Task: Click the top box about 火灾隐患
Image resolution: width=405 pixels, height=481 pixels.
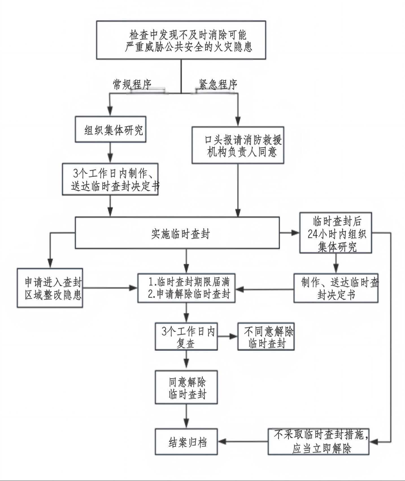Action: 181,40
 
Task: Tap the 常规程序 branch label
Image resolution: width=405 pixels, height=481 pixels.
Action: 132,84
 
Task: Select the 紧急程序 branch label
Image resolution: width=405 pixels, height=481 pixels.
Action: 218,84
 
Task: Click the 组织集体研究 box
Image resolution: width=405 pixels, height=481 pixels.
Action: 110,129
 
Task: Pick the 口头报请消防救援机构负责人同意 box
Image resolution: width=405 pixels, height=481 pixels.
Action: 238,145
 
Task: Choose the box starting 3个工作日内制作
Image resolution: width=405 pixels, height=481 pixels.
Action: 110,179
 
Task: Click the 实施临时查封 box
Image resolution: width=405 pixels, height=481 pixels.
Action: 177,233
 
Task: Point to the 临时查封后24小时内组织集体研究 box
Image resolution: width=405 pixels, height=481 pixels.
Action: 336,233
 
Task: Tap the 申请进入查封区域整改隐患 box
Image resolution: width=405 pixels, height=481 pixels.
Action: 50,288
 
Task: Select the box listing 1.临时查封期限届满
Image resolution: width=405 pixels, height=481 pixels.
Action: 186,288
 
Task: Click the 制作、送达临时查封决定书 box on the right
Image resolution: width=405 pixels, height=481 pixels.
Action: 336,288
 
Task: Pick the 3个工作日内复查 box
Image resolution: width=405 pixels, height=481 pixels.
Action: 186,337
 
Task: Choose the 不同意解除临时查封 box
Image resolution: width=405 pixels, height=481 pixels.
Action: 266,337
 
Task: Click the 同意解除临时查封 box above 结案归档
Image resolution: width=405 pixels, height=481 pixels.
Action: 186,387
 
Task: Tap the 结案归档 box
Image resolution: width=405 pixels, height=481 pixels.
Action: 186,442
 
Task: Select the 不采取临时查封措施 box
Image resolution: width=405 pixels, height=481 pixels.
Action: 319,442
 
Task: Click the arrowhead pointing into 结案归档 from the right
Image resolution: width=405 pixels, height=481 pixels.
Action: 222,442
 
